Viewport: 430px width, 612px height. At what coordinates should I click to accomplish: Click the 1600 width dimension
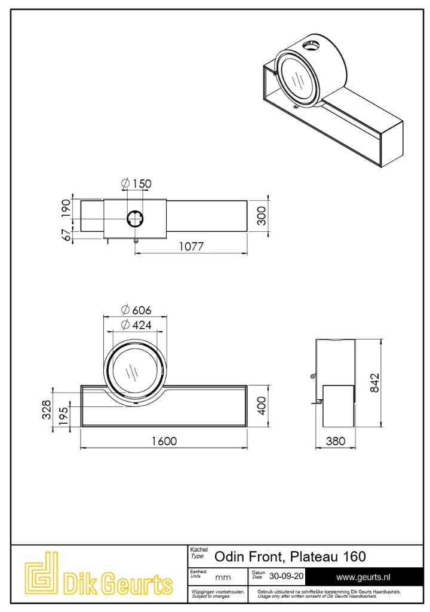164,441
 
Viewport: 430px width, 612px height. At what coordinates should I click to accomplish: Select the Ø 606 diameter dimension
136,310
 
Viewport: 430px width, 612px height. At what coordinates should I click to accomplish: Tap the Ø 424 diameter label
136,325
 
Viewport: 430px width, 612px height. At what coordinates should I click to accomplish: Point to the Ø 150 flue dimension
136,183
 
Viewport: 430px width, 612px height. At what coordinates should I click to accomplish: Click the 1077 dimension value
191,247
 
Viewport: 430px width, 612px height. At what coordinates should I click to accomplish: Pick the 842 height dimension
374,383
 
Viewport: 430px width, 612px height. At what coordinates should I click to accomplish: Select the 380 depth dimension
336,441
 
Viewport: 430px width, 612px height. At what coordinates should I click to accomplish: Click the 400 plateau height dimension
262,406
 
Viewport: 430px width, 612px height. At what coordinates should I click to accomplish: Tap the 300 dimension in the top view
262,216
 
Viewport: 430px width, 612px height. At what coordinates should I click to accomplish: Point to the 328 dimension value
47,409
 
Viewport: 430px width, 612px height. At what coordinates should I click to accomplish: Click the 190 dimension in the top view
66,209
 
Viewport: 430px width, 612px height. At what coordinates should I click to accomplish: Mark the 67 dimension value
66,235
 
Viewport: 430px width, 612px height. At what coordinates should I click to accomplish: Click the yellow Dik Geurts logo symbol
42,574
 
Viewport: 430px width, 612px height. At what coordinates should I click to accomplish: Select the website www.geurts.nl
363,577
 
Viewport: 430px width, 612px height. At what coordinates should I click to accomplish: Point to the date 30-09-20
286,577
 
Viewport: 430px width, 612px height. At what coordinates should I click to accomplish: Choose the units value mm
223,578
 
